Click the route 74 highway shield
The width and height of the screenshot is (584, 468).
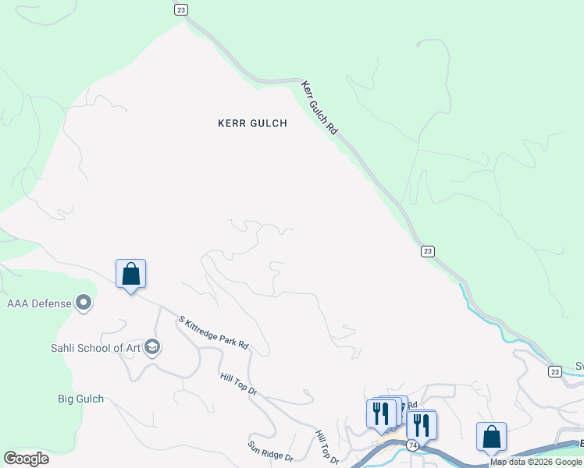click(x=411, y=445)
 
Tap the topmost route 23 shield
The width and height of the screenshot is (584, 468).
click(x=181, y=9)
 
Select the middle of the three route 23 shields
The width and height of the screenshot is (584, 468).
click(x=427, y=251)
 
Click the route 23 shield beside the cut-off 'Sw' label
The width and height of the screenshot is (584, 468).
click(x=554, y=371)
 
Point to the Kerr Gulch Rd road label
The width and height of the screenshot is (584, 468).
click(x=319, y=108)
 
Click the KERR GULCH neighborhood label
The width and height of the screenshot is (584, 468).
click(x=252, y=123)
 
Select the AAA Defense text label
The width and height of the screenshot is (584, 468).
click(x=39, y=303)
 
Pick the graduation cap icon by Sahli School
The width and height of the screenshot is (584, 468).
click(x=151, y=348)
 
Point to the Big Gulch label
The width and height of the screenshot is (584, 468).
click(x=80, y=399)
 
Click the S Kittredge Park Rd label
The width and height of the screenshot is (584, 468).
click(x=213, y=331)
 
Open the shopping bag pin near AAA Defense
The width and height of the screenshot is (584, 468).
click(x=130, y=274)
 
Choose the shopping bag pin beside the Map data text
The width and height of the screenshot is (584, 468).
click(x=491, y=437)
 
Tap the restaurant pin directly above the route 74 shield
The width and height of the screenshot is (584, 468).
click(x=422, y=425)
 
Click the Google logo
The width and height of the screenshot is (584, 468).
click(x=26, y=459)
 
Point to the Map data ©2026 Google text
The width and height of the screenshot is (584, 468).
click(x=536, y=463)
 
